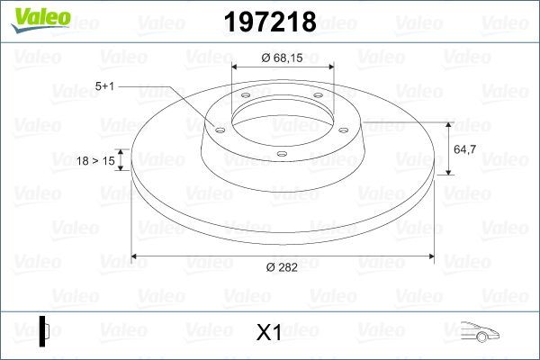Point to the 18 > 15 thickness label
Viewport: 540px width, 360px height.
click(97, 160)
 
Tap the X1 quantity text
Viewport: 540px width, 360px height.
click(269, 332)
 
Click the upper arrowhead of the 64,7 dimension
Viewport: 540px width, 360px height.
click(448, 125)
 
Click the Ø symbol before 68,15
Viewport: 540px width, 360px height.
click(266, 58)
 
